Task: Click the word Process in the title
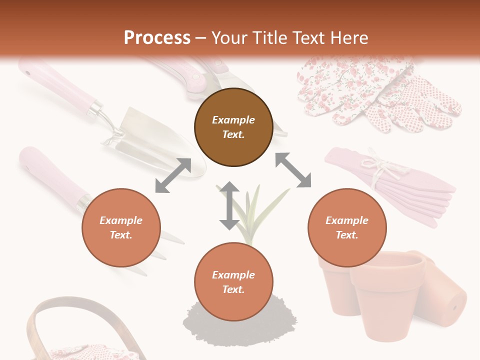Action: pos(157,37)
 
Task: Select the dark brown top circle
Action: pos(233,127)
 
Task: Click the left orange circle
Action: pos(121,227)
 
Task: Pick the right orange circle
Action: pos(346,227)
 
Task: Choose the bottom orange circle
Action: pos(233,282)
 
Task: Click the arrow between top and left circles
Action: pos(173,175)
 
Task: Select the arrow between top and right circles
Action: pos(293,170)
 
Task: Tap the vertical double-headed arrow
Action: pos(229,205)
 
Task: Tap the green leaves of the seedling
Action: pos(255,210)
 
